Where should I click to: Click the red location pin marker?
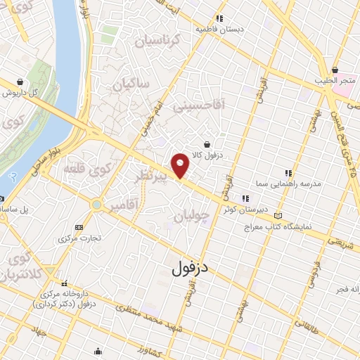pyautogui.click(x=181, y=165)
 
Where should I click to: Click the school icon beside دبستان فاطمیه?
pyautogui.click(x=220, y=18)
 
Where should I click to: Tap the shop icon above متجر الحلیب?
pyautogui.click(x=335, y=70)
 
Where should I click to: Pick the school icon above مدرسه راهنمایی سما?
pyautogui.click(x=288, y=172)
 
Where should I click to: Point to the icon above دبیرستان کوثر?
pyautogui.click(x=245, y=198)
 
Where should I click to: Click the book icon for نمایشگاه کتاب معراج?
pyautogui.click(x=279, y=215)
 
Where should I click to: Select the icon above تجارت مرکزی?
pyautogui.click(x=78, y=227)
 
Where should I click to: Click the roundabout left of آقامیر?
pyautogui.click(x=96, y=205)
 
